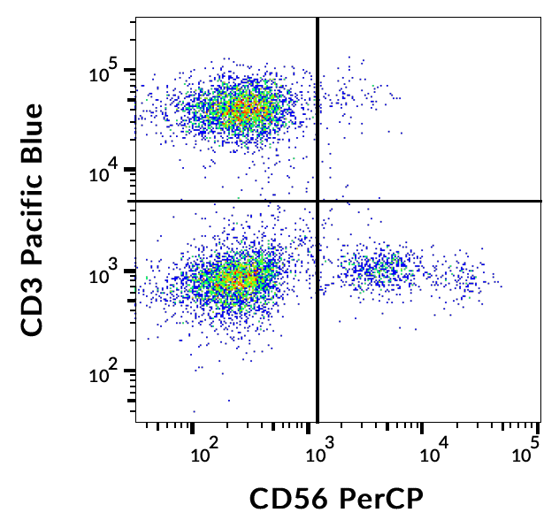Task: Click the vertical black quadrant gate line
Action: pyautogui.click(x=318, y=336)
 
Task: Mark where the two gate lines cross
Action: pyautogui.click(x=318, y=201)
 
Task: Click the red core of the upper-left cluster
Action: pyautogui.click(x=248, y=109)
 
